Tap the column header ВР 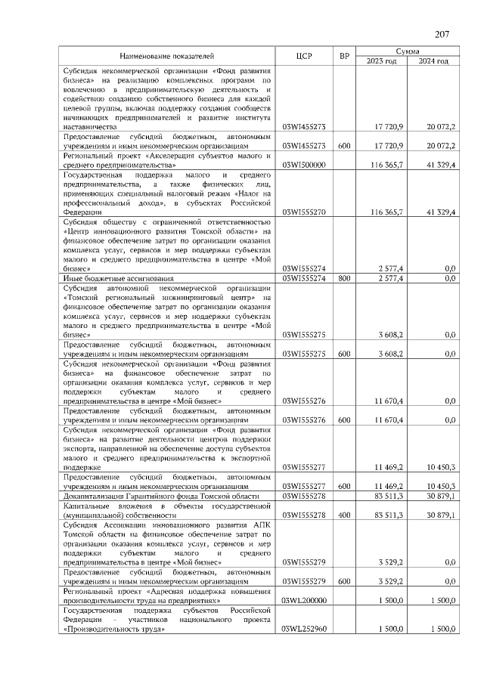point(344,56)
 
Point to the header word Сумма point(408,51)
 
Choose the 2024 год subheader point(433,61)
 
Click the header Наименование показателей point(167,56)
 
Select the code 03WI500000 point(303,165)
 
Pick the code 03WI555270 point(303,212)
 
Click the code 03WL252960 point(303,629)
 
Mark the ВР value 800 point(344,278)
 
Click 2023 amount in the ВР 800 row point(390,278)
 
